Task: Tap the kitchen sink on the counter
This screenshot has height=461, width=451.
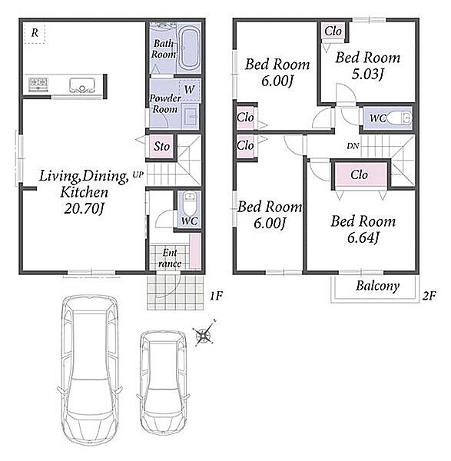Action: pos(82,85)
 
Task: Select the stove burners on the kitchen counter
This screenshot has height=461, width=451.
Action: pos(38,84)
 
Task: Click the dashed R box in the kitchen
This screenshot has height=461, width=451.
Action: pos(35,33)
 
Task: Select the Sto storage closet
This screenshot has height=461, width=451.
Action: pos(161,147)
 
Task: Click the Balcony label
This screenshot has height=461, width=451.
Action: pos(377,286)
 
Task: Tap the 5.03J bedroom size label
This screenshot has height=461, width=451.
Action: pos(368,74)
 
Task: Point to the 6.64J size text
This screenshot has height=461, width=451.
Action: pos(363,237)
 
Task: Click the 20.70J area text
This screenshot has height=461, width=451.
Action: pos(84,209)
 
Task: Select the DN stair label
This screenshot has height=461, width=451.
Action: pos(353,146)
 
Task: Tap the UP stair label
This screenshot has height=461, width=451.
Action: pos(138,174)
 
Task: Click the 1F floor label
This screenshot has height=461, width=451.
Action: pos(216,296)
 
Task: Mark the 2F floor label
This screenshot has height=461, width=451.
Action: pos(429,296)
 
